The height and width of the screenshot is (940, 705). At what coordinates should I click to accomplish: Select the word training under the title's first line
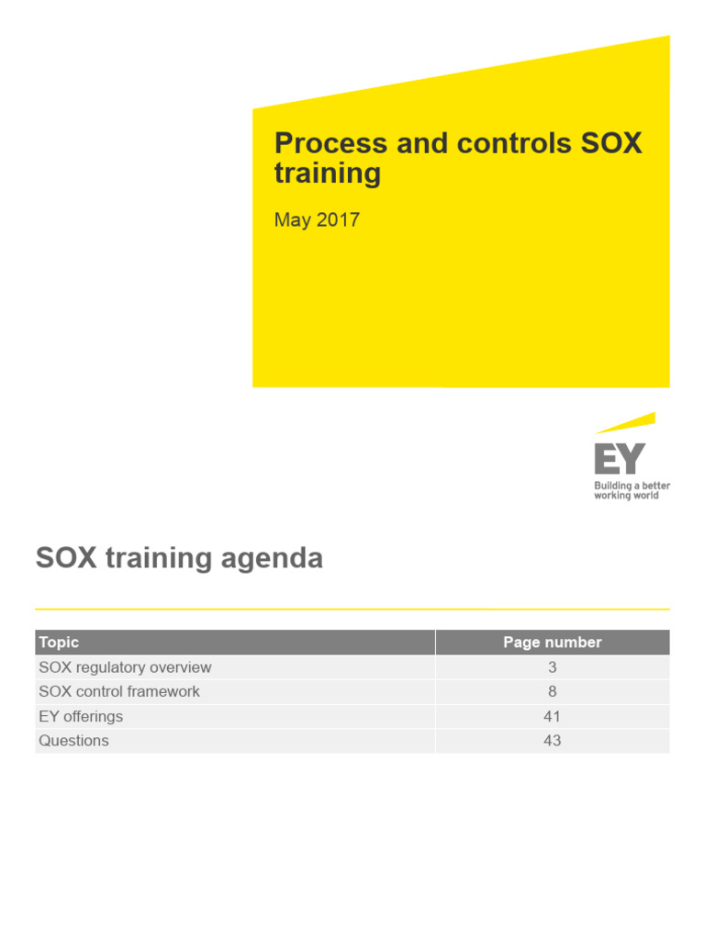pyautogui.click(x=328, y=173)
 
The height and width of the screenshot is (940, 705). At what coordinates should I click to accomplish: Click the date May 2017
pyautogui.click(x=317, y=220)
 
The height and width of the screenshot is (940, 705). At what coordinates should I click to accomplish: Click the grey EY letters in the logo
pyautogui.click(x=620, y=459)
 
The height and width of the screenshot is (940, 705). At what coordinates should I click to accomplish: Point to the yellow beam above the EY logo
pyautogui.click(x=626, y=423)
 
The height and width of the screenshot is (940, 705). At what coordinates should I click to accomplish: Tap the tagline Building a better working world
pyautogui.click(x=632, y=490)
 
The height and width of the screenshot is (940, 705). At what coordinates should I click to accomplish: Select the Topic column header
pyautogui.click(x=59, y=643)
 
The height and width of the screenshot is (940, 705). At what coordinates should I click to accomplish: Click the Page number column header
pyautogui.click(x=552, y=643)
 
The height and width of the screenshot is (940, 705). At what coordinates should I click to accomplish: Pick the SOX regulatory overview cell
pyautogui.click(x=125, y=667)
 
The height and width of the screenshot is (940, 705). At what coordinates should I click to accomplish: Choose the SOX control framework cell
pyautogui.click(x=119, y=691)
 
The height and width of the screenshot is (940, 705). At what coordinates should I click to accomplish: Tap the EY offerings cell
pyautogui.click(x=81, y=716)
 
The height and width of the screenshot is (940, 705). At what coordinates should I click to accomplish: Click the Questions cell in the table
pyautogui.click(x=73, y=741)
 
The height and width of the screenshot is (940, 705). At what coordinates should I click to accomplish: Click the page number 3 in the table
pyautogui.click(x=552, y=667)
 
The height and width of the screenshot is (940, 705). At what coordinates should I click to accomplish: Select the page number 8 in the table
pyautogui.click(x=552, y=691)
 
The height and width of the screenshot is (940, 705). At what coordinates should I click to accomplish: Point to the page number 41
pyautogui.click(x=552, y=716)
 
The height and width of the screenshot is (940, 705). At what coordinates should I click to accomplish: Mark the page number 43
pyautogui.click(x=552, y=741)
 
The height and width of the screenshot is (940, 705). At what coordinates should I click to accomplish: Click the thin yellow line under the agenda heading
pyautogui.click(x=352, y=609)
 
